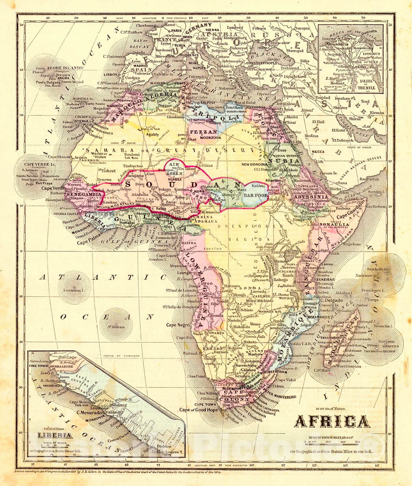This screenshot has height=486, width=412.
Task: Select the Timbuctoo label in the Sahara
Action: pos(133,166)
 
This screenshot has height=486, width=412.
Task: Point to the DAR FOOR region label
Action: pos(256,195)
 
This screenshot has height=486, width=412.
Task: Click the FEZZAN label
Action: pos(208,132)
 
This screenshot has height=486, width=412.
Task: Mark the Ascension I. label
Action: pos(73,290)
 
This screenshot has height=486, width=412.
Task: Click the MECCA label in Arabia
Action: pos(318,151)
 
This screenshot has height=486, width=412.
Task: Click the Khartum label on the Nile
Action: pos(274,180)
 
